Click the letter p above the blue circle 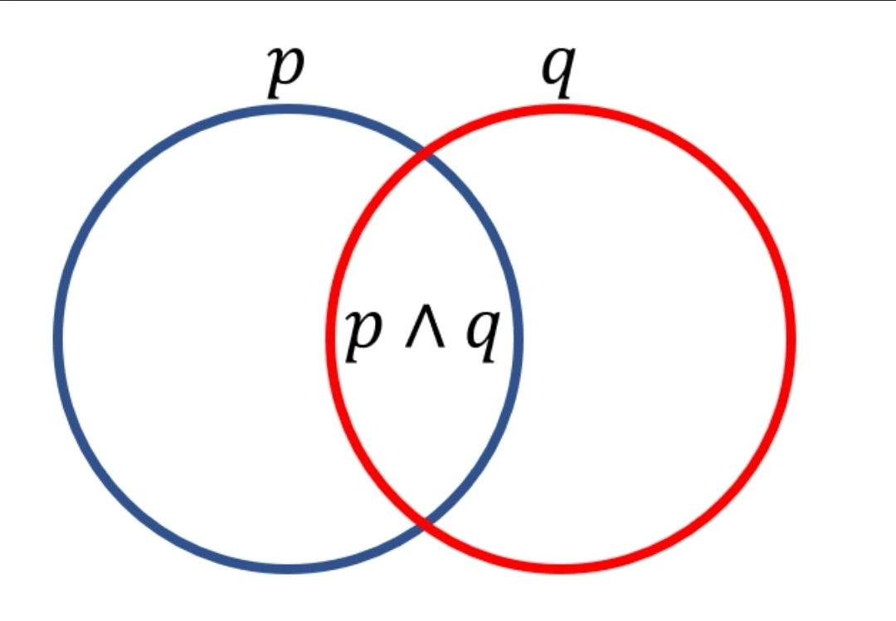pyautogui.click(x=284, y=72)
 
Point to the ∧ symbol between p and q pyautogui.click(x=422, y=332)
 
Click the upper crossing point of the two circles pyautogui.click(x=426, y=153)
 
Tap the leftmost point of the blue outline pyautogui.click(x=58, y=338)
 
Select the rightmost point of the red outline pyautogui.click(x=791, y=338)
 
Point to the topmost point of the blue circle pyautogui.click(x=289, y=109)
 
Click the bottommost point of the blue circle pyautogui.click(x=289, y=568)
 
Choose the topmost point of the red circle pyautogui.click(x=561, y=109)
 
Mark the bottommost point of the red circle pyautogui.click(x=561, y=568)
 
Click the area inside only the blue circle pyautogui.click(x=191, y=338)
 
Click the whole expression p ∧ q pyautogui.click(x=422, y=333)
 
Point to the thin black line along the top pyautogui.click(x=448, y=1)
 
